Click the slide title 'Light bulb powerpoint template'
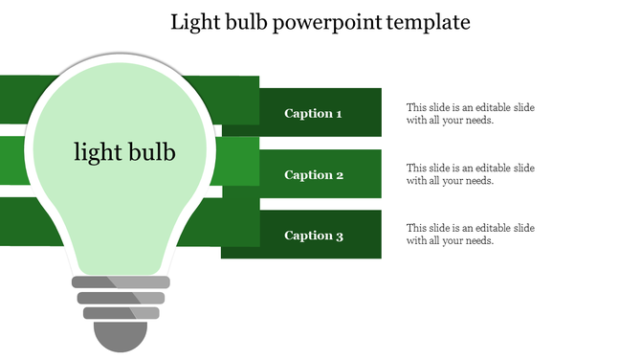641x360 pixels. [x=320, y=21]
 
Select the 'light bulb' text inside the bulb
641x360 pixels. [x=124, y=151]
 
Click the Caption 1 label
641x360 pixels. [x=313, y=114]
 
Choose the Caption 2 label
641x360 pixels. [x=313, y=175]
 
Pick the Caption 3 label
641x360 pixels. [x=313, y=236]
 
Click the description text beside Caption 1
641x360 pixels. [x=470, y=114]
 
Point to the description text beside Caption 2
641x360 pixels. [x=470, y=174]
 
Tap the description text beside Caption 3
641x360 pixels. [x=470, y=235]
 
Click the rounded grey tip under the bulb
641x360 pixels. [x=121, y=336]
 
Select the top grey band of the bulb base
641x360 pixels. [x=122, y=282]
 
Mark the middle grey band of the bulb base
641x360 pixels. [x=122, y=298]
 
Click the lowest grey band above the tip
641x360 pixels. [x=122, y=313]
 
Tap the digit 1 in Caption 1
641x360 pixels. [x=339, y=114]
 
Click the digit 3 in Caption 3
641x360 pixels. [x=339, y=236]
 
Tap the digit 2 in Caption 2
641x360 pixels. [x=339, y=175]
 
